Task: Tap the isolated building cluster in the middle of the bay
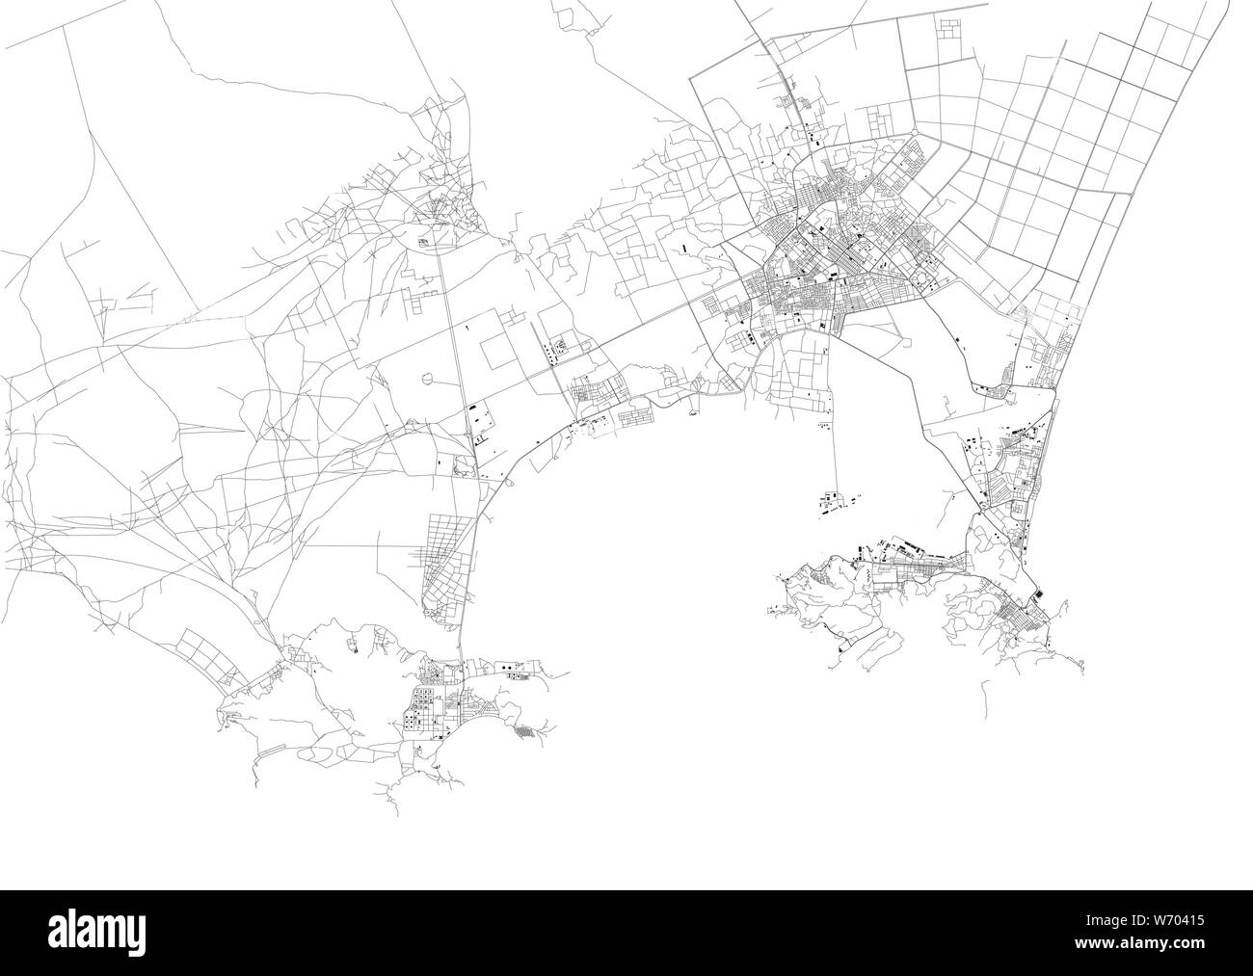click(x=831, y=501)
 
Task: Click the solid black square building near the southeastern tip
click(x=1038, y=594)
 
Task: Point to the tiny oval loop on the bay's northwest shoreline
click(x=693, y=413)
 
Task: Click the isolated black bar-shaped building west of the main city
click(x=683, y=248)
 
